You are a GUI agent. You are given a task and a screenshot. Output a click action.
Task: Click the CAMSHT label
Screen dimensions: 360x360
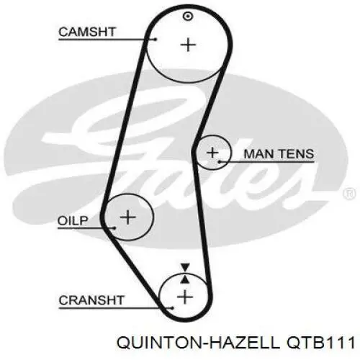(87, 32)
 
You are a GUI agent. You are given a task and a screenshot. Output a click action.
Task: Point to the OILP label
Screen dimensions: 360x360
(73, 221)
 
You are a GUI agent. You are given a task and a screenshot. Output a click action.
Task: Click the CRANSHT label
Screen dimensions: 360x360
(91, 300)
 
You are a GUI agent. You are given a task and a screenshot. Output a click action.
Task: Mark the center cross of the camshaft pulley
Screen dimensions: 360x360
(188, 45)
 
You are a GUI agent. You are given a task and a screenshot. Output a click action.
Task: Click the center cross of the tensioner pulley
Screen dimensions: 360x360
(212, 153)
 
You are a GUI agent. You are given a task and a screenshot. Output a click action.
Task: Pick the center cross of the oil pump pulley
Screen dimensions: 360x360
(127, 217)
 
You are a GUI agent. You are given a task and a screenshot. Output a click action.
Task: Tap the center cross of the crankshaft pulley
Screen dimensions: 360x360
(185, 297)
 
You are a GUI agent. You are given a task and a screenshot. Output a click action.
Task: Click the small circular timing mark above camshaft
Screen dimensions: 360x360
(188, 17)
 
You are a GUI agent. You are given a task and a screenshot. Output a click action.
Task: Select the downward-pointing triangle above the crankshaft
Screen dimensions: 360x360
(185, 267)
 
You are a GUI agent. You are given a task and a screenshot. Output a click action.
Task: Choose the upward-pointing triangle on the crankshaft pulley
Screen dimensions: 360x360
(185, 279)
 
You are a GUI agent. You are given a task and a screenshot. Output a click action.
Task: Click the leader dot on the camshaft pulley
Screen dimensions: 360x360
(156, 39)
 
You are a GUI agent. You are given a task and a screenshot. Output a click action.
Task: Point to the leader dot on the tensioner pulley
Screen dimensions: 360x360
(220, 162)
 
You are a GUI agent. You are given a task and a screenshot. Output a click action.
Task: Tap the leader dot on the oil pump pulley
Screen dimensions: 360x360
(114, 228)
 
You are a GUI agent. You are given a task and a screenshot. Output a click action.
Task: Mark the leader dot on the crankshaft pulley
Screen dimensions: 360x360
(172, 308)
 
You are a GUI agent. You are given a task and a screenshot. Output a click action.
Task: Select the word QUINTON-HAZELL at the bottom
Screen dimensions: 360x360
(199, 343)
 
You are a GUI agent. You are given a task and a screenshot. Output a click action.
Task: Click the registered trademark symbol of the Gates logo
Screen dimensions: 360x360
(350, 194)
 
